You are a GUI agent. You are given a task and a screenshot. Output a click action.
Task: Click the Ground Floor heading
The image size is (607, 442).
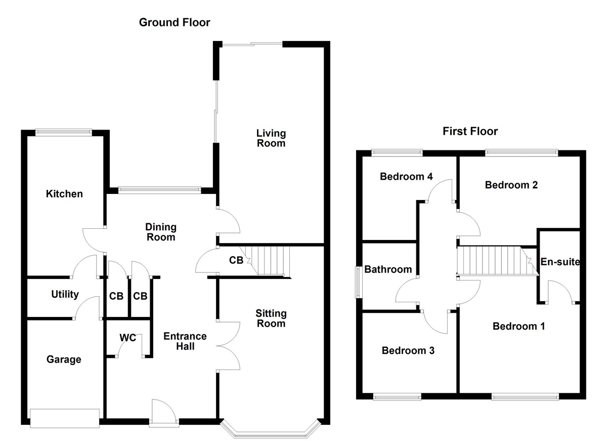[175, 22]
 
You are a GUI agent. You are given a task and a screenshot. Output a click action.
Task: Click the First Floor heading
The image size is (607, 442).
[470, 132]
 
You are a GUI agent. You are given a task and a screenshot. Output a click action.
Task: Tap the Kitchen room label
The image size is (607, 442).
[64, 194]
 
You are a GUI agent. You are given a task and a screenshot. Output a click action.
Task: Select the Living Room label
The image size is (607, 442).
[271, 138]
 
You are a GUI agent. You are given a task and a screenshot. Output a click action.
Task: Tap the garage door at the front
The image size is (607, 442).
[65, 418]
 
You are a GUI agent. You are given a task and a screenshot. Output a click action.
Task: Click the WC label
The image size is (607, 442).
[128, 338]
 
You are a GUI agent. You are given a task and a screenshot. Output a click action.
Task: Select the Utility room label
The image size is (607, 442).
[65, 295]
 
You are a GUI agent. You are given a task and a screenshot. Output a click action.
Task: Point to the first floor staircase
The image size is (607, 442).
[496, 261]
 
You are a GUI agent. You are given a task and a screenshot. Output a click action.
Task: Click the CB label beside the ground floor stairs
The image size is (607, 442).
[236, 261]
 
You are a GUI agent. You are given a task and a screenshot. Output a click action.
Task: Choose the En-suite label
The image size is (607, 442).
[559, 262]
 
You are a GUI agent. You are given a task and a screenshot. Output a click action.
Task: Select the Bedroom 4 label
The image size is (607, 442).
[406, 177]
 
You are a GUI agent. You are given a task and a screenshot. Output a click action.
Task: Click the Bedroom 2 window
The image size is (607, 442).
[521, 151]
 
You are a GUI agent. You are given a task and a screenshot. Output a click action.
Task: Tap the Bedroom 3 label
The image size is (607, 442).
[408, 350]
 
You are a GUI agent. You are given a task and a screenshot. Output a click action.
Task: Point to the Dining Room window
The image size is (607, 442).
[159, 190]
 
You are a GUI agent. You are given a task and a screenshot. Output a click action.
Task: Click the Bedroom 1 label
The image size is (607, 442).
[518, 327]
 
